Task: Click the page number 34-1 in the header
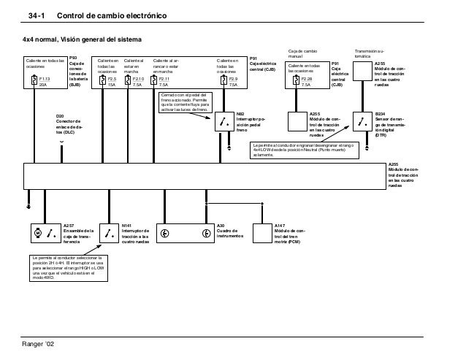[37, 16]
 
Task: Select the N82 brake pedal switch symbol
[223, 121]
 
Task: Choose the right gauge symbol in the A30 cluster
[206, 234]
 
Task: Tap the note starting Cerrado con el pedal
[187, 103]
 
